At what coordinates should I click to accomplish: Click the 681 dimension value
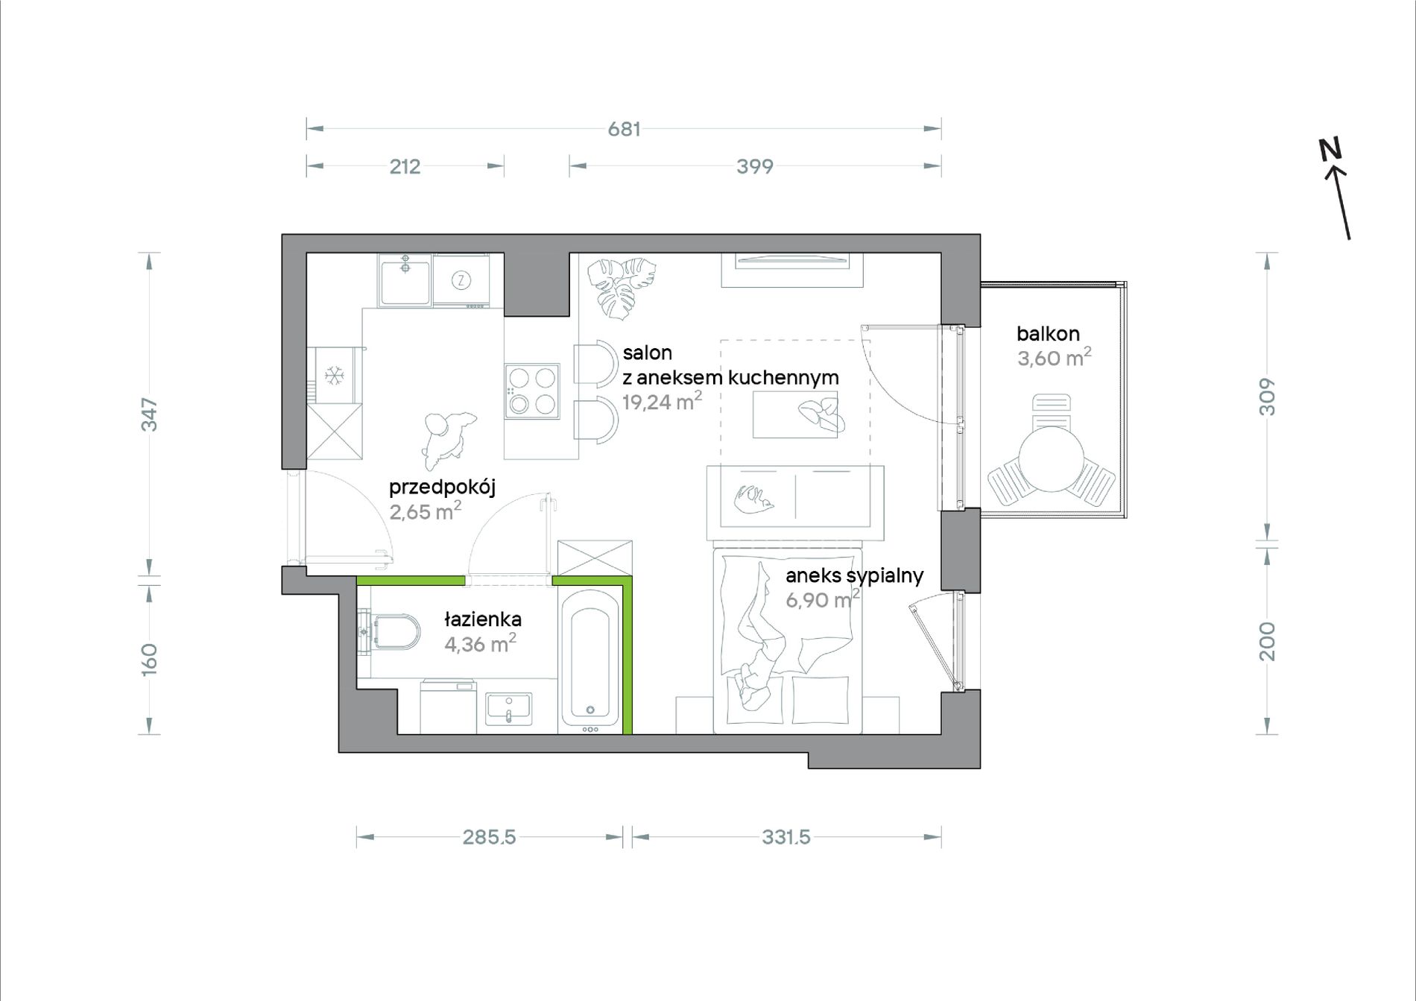(624, 129)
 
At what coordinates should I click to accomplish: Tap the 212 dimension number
(405, 166)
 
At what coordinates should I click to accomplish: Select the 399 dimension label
(754, 166)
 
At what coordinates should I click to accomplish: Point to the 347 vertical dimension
(150, 414)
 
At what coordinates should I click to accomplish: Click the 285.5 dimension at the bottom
(489, 837)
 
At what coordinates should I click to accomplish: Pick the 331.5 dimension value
(786, 837)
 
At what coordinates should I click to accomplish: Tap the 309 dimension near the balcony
(1267, 397)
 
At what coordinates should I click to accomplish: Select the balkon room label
(1048, 334)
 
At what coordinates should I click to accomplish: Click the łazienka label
(483, 619)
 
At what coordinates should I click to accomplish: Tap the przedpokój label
(442, 488)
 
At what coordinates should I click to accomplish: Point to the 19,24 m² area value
(662, 401)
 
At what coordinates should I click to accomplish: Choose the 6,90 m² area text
(822, 599)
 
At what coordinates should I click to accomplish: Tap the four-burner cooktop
(532, 391)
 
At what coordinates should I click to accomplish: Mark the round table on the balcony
(1051, 459)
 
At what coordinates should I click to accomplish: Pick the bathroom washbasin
(508, 708)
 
